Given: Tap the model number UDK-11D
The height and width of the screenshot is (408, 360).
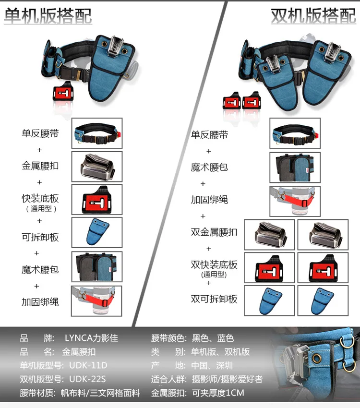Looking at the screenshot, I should click(x=88, y=365).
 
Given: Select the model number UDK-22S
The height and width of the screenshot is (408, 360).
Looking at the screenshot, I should click(x=88, y=379).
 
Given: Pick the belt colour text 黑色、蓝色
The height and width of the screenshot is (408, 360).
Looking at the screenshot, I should click(x=213, y=338).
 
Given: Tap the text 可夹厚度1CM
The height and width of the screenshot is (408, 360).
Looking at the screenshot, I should click(x=218, y=393).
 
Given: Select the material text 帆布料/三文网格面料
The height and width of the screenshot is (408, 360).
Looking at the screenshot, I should click(x=101, y=393).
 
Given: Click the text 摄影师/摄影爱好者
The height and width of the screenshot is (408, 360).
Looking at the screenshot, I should click(x=227, y=379).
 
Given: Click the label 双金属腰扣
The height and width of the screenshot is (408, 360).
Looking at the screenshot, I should click(x=214, y=232).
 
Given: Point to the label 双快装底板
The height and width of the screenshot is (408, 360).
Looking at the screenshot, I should click(x=214, y=265).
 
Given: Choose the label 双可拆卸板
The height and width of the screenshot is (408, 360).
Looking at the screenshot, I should click(x=214, y=299).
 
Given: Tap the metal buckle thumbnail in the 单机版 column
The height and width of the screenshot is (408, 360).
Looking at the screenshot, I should click(x=97, y=166).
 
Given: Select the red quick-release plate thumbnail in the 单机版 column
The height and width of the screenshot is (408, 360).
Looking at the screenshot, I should click(x=97, y=199).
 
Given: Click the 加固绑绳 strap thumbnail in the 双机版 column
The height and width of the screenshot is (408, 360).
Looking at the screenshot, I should click(x=295, y=201).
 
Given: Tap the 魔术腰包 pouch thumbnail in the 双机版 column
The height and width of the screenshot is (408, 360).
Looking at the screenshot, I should click(x=295, y=168).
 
